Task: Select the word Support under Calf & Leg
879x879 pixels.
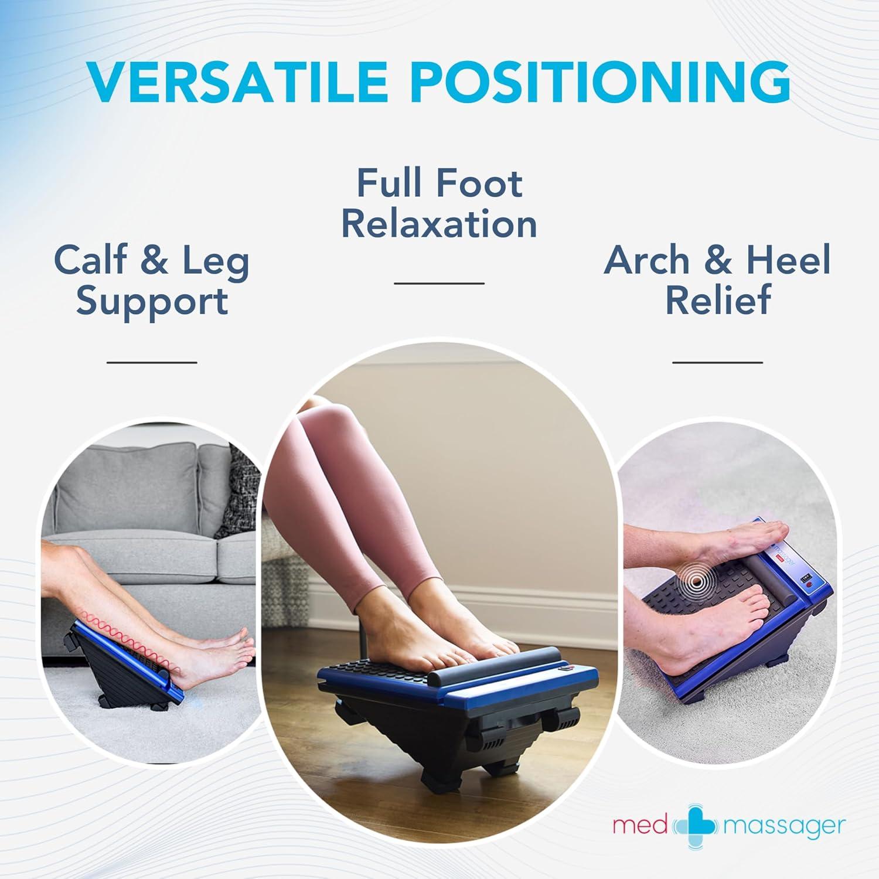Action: pyautogui.click(x=152, y=301)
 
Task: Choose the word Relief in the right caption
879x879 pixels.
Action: pyautogui.click(x=717, y=300)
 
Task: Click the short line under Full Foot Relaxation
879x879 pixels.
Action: pyautogui.click(x=439, y=283)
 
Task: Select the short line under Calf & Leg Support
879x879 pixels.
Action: pyautogui.click(x=152, y=362)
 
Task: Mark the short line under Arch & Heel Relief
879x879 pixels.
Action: pyautogui.click(x=717, y=362)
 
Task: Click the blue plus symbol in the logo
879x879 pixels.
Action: pyautogui.click(x=697, y=826)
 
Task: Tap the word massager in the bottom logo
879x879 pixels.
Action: pyautogui.click(x=785, y=826)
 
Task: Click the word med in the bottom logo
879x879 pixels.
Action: pyautogui.click(x=640, y=826)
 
